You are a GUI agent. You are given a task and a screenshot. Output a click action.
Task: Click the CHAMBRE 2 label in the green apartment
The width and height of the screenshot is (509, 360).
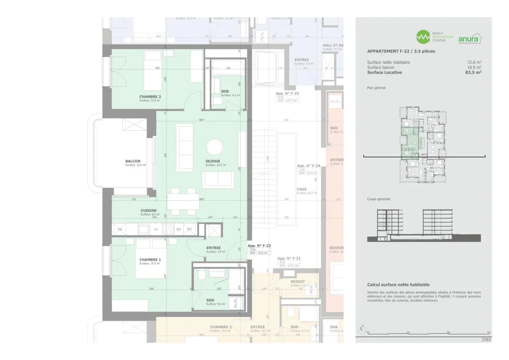pyautogui.click(x=150, y=96)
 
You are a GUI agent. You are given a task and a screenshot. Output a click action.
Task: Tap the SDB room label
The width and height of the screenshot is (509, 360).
pyautogui.click(x=225, y=91)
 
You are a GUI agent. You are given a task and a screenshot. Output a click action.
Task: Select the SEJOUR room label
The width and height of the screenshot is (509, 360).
pyautogui.click(x=213, y=161)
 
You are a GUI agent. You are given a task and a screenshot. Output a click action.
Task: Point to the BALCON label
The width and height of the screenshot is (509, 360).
pyautogui.click(x=133, y=161)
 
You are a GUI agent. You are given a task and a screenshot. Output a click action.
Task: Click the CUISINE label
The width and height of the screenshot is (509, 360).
pyautogui.click(x=148, y=211)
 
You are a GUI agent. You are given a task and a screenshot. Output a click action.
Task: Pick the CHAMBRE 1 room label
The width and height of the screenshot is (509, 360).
pyautogui.click(x=150, y=260)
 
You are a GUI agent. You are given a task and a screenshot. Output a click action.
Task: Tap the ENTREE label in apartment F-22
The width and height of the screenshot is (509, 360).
pyautogui.click(x=213, y=248)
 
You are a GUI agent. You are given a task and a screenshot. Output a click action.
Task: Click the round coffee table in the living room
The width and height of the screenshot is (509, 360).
pyautogui.click(x=215, y=147)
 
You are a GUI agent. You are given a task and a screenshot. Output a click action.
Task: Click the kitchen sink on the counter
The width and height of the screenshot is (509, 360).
pyautogui.click(x=144, y=229)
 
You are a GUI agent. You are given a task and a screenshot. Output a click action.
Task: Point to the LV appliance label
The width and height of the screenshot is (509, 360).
pyautogui.click(x=156, y=229)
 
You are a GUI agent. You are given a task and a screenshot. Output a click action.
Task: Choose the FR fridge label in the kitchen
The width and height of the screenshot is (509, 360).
pyautogui.click(x=120, y=229)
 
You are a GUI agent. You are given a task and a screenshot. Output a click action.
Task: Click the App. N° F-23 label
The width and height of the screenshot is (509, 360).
pyautogui.click(x=287, y=93)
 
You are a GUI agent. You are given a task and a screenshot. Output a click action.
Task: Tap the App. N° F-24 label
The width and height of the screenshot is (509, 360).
pyautogui.click(x=308, y=166)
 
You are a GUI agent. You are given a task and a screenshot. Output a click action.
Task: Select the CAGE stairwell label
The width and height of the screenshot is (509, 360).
pyautogui.click(x=302, y=189)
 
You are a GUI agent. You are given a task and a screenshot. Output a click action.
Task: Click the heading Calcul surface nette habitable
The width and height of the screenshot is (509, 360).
pyautogui.click(x=398, y=285)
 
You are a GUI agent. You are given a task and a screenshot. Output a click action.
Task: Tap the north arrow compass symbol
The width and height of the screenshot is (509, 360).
pyautogui.click(x=361, y=330)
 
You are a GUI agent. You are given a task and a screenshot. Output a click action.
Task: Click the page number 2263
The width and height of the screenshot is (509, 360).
pyautogui.click(x=486, y=340)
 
